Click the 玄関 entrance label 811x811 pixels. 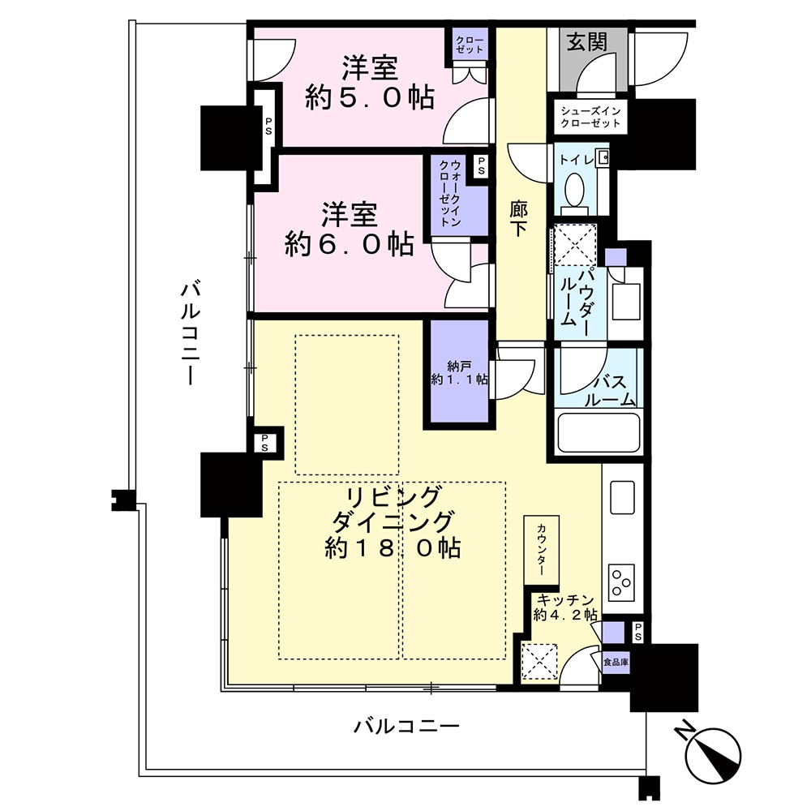tap(586, 42)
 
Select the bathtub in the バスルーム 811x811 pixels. tap(599, 432)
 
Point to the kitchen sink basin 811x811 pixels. tap(622, 497)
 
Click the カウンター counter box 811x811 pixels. tap(541, 551)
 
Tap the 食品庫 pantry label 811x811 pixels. tap(616, 662)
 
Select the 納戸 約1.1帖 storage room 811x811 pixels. tap(457, 374)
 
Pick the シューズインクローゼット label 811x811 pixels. tap(590, 117)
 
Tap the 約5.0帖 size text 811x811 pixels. tap(370, 97)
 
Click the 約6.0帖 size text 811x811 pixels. tap(349, 243)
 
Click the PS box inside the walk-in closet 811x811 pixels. tap(481, 166)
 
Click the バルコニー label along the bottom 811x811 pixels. tap(406, 727)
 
